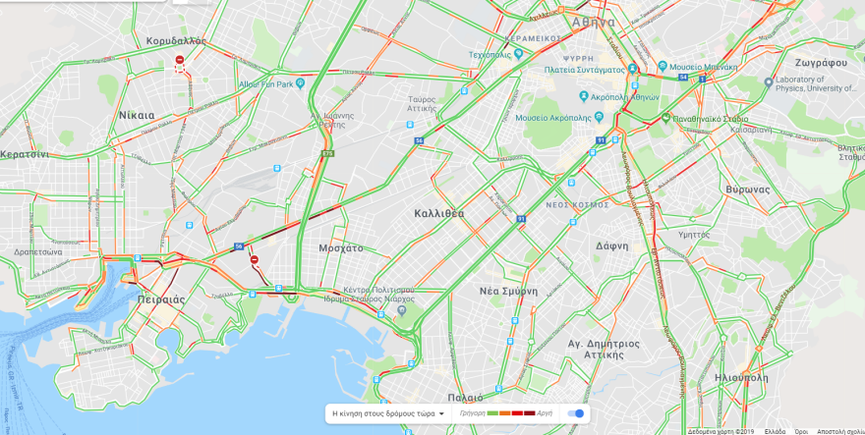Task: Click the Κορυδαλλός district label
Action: (x=175, y=41)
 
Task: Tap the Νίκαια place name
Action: (x=137, y=115)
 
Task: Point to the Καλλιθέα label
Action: (x=439, y=213)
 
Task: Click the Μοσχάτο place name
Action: (x=340, y=248)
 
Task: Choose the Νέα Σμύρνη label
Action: (x=508, y=291)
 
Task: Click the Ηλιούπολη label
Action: (x=742, y=377)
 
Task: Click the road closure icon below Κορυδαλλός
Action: (x=179, y=61)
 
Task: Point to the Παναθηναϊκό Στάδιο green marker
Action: (x=665, y=118)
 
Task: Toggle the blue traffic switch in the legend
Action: (x=576, y=413)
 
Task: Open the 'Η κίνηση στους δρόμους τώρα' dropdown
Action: (x=388, y=413)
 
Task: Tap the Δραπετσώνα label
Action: (x=38, y=252)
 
